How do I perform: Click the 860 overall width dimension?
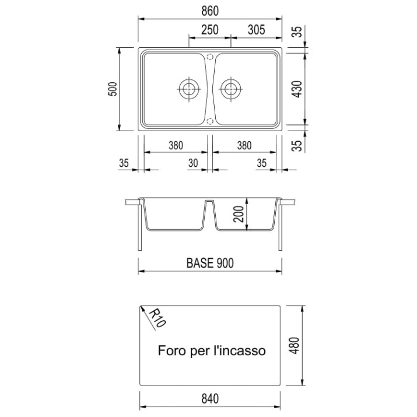210,11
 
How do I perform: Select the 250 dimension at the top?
210,30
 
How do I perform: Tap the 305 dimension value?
257,30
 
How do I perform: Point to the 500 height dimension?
113,89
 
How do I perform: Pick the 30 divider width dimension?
193,163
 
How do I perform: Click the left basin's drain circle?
189,89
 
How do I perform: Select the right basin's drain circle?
230,89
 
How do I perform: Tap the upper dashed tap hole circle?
210,57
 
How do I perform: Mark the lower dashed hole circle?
210,121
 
